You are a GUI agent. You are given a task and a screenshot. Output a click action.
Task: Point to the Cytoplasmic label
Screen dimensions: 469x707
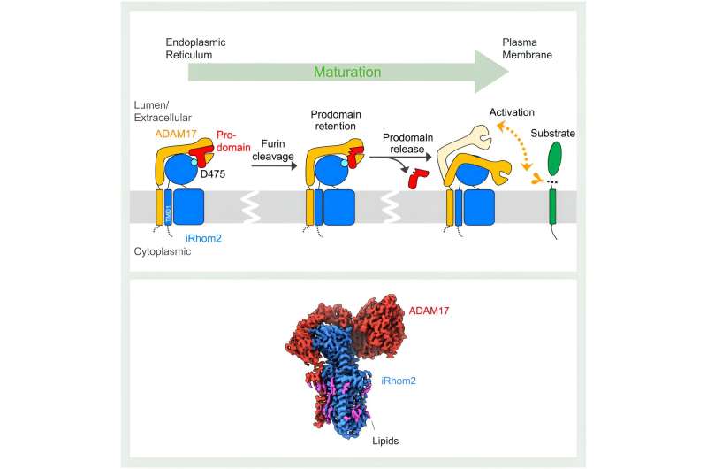pos(184,250)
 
